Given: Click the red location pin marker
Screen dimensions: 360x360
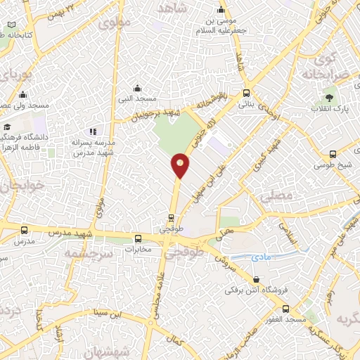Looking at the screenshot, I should click(181, 165).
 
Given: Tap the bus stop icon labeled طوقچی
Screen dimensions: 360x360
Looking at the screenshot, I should click(170, 219).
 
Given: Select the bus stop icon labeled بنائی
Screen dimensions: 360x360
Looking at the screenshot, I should click(246, 93).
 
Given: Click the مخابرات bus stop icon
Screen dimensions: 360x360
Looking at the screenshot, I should click(138, 238).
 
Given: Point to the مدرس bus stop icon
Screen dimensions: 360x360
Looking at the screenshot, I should click(25, 230).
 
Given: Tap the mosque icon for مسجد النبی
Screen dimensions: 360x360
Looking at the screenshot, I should click(137, 89).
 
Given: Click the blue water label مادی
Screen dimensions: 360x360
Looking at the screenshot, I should click(261, 258).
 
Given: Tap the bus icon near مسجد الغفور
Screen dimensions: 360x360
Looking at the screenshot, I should click(285, 309).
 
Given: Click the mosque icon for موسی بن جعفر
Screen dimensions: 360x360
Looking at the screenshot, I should click(221, 10).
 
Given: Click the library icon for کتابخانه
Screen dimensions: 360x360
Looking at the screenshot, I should click(12, 25).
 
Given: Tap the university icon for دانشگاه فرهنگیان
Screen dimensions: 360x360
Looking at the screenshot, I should click(7, 127).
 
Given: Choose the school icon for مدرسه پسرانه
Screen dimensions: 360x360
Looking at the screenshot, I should click(92, 131).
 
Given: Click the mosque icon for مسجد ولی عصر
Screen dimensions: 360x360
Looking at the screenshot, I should click(22, 95).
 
